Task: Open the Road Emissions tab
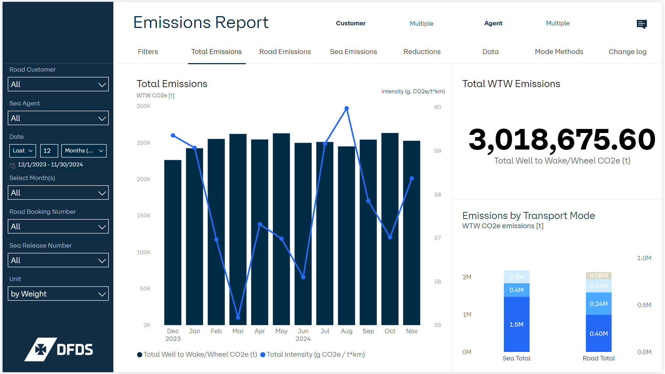pos(285,52)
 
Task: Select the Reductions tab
pos(422,52)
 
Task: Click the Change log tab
pos(627,52)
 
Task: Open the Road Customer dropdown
pos(58,84)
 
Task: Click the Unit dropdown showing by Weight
pos(58,294)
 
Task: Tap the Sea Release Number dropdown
pos(58,260)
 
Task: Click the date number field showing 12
pos(49,151)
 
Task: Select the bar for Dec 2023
pos(173,242)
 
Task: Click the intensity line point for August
pos(347,108)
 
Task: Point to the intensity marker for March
pos(238,317)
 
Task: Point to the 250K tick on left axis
pos(144,143)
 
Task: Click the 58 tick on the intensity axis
pos(437,195)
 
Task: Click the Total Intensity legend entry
pos(312,355)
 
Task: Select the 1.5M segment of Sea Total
pos(516,324)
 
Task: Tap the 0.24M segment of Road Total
pos(598,304)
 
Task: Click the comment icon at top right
pos(641,24)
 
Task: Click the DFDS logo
pos(59,349)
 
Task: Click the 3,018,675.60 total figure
pos(562,140)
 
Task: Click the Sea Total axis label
pos(516,358)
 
